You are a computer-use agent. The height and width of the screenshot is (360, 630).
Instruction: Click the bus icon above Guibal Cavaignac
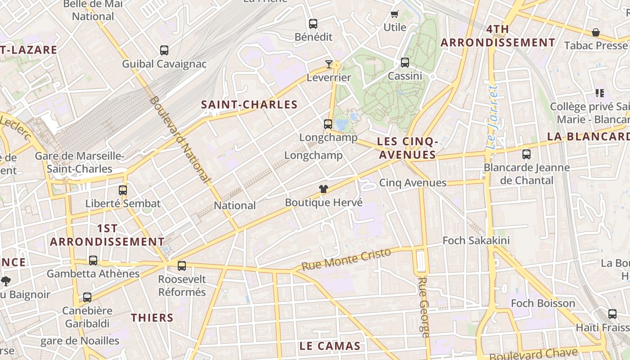point(164,50)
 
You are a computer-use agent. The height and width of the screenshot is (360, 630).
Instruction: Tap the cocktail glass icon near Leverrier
point(329,64)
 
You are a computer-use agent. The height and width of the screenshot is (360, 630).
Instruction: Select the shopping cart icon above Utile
point(395,14)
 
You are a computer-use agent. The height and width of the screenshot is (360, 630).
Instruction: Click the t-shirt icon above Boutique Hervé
point(324,189)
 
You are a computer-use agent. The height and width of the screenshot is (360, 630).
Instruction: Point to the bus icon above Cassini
point(405,63)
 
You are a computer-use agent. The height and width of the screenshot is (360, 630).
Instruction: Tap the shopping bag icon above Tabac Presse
point(596,32)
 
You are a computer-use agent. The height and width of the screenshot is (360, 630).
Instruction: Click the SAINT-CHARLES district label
point(249,105)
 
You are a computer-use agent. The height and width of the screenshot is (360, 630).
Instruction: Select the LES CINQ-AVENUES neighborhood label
point(407,148)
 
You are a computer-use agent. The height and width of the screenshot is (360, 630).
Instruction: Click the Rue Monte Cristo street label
point(346,259)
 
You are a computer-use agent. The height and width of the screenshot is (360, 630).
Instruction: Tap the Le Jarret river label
point(493,117)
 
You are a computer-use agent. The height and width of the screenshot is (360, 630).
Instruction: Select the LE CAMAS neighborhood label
point(330,346)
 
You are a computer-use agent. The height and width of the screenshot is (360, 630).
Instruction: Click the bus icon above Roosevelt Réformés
point(182,266)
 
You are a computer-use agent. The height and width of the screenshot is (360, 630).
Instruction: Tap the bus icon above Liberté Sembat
point(123,190)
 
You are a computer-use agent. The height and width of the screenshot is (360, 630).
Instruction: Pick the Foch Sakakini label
point(476,240)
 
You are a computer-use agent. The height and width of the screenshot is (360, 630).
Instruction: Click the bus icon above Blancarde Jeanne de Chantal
point(526,154)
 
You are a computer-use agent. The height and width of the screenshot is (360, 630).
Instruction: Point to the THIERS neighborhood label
point(152,318)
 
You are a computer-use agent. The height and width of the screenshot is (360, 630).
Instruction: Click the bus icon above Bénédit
point(313,24)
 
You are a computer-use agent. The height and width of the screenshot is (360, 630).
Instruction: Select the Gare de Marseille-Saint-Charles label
point(80,162)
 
